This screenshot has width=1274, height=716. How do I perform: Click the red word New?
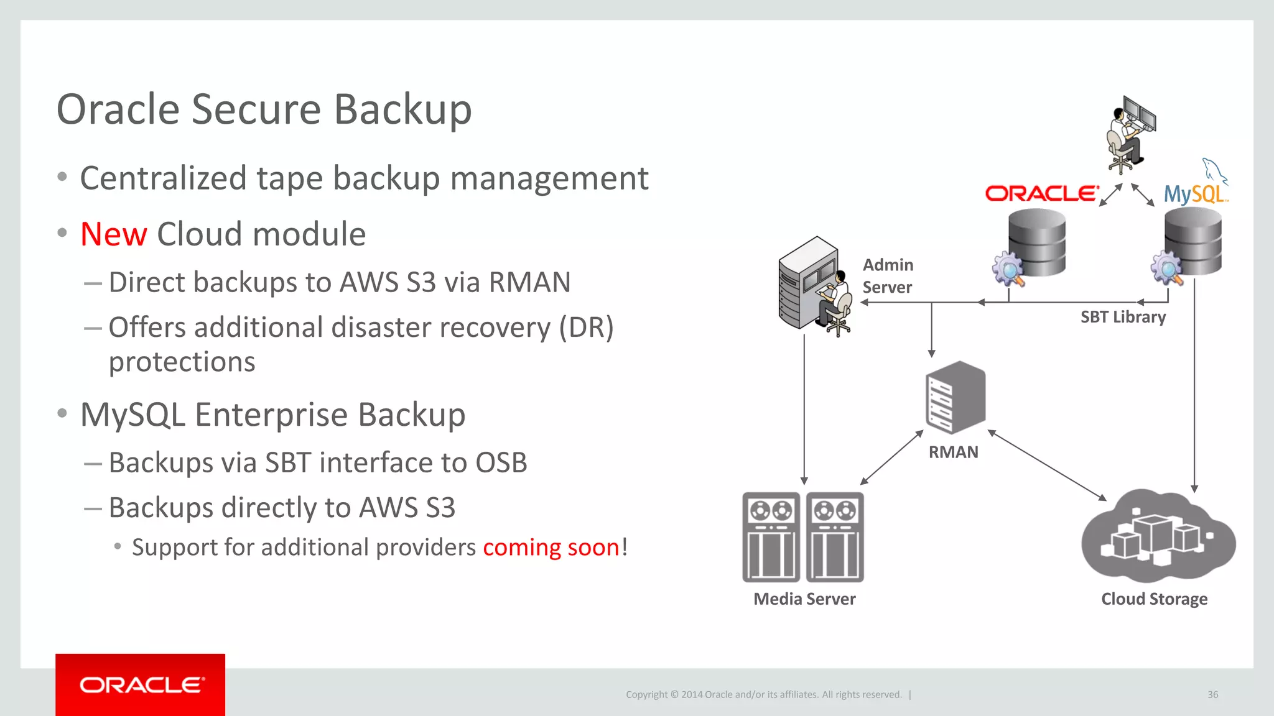(113, 234)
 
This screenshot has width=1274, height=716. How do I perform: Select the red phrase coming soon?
(551, 548)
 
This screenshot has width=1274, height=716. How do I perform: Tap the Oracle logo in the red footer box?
(141, 685)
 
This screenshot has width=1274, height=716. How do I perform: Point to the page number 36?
(1212, 694)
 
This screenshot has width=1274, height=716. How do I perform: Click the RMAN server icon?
(955, 397)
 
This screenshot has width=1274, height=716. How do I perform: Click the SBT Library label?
(1123, 317)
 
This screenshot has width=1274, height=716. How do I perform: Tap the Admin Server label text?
(888, 276)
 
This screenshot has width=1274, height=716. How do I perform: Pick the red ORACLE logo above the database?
(1041, 193)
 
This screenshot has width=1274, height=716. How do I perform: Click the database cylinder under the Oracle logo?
(1037, 242)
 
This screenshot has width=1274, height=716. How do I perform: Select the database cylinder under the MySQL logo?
(1193, 241)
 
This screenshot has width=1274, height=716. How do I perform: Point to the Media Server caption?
(804, 599)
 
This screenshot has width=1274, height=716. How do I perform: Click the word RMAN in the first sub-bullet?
(529, 282)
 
